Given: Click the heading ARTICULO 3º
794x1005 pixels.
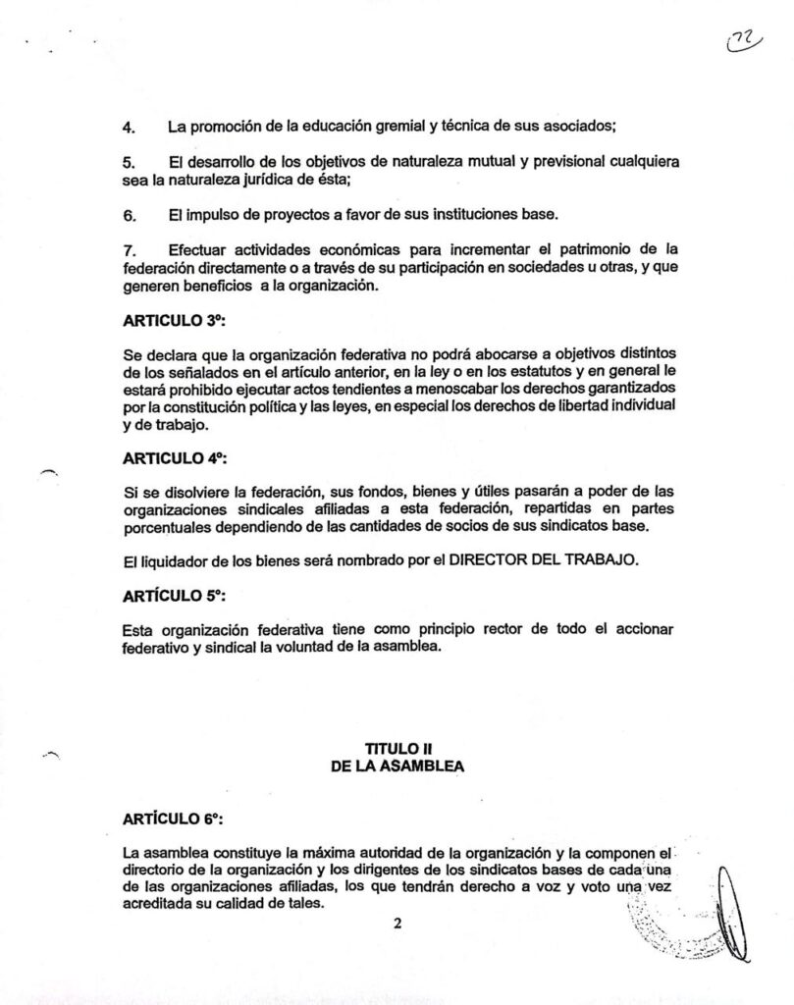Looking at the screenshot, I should pos(176,320).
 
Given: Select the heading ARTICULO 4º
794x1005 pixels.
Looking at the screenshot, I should pos(176,456).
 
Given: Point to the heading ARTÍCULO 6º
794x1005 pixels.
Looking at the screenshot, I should pos(176,817).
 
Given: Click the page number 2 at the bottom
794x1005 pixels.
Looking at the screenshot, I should pos(397,923).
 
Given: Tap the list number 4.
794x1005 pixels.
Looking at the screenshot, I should pos(128,127).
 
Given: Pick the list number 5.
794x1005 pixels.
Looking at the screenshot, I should pos(128,160).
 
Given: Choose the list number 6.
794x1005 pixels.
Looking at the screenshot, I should pos(128,215).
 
